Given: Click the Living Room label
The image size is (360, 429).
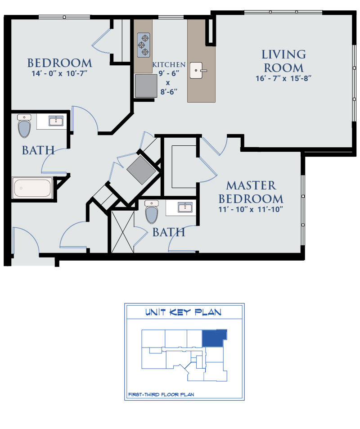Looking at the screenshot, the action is tap(283, 61).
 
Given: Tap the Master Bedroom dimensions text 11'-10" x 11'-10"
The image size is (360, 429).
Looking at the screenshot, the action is tap(251, 209).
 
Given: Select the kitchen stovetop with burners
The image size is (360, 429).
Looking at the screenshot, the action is tap(144, 45).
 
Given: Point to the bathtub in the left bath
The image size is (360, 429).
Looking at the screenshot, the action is tap(32, 188).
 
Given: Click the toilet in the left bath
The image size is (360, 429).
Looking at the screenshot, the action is tap(24, 126).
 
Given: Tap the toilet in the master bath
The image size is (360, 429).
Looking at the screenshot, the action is tap(152, 212).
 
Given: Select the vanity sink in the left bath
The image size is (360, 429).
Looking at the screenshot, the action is tap(56, 121).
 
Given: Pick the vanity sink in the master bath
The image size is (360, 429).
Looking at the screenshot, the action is tap(185, 207).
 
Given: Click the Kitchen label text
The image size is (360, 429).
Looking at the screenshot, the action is tap(169, 65).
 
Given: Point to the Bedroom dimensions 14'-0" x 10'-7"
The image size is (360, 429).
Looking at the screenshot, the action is tap(59, 73).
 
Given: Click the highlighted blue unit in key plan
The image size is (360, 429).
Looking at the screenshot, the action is tap(214, 338).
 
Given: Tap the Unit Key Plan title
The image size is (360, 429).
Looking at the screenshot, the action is tap(183, 312).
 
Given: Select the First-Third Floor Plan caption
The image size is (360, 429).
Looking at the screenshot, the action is tap(161, 394).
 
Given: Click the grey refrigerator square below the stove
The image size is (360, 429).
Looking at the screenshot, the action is tap(146, 86).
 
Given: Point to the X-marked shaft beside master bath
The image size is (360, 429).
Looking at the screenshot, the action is tap(122, 232).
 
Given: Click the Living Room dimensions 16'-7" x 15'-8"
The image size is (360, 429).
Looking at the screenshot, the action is tap(283, 78).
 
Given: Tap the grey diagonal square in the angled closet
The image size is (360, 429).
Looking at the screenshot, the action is tap(141, 170).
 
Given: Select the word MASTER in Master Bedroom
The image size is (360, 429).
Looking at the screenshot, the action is tap(251, 186).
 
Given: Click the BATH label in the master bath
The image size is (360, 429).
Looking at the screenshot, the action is tap(169, 232).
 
